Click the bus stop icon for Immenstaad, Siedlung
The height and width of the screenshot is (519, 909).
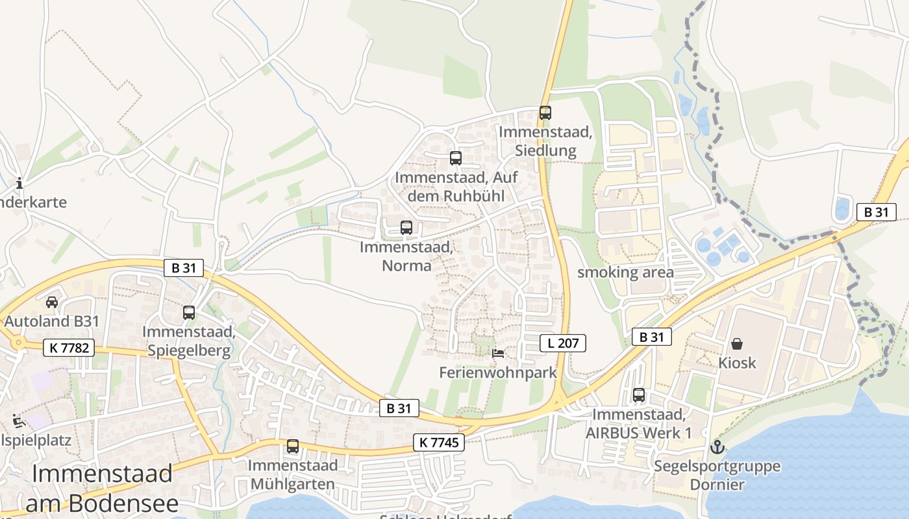(x=545, y=112)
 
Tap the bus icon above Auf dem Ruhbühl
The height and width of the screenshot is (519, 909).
(x=456, y=158)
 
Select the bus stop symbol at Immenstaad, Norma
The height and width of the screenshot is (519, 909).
(x=406, y=228)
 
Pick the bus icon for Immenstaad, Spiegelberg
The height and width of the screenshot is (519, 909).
(x=189, y=312)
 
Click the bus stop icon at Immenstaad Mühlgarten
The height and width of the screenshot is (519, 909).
(x=293, y=446)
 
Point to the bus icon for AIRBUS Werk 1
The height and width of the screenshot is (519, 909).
(x=639, y=394)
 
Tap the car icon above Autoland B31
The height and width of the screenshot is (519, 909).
(x=52, y=302)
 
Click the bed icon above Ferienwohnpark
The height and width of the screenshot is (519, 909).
(x=498, y=353)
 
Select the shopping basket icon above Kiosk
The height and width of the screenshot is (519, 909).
(x=737, y=343)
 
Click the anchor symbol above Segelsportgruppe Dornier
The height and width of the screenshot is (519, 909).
(x=717, y=446)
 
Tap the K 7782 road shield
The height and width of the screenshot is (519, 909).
(x=69, y=348)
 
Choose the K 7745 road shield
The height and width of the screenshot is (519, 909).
(x=439, y=442)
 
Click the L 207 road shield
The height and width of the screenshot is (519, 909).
(x=563, y=343)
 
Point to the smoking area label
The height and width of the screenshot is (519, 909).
(x=625, y=272)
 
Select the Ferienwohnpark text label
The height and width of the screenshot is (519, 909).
(x=498, y=372)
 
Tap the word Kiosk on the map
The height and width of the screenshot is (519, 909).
(x=737, y=363)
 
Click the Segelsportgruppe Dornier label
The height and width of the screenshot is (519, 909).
(x=717, y=475)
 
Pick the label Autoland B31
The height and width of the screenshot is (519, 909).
(x=52, y=321)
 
